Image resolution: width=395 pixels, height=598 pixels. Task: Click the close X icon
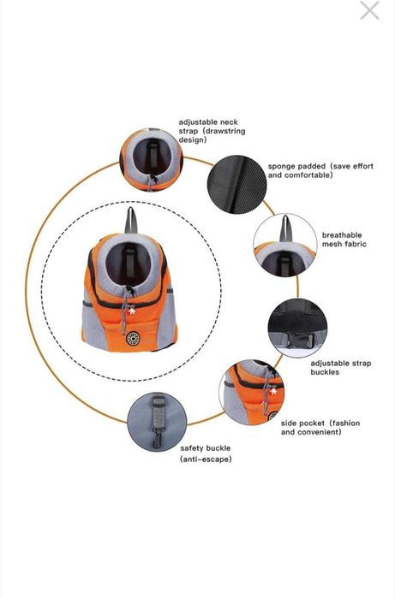click(x=369, y=10)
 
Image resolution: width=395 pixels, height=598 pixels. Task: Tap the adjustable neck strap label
click(x=212, y=131)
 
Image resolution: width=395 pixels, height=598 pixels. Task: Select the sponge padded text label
click(x=320, y=170)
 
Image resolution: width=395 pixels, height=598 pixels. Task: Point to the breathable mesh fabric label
click(x=344, y=240)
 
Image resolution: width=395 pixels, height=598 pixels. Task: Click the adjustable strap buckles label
click(x=340, y=368)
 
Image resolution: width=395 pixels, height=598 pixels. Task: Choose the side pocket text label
click(x=320, y=428)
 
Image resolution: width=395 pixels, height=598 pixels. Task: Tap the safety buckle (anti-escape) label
click(x=206, y=453)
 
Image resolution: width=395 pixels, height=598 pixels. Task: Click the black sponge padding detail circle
click(x=236, y=184)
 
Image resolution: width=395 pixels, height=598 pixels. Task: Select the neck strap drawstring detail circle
click(x=152, y=160)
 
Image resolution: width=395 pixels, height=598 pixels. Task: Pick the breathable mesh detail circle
click(x=285, y=245)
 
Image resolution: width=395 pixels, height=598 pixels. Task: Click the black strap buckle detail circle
click(x=297, y=328)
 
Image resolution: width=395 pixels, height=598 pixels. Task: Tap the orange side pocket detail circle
click(x=252, y=392)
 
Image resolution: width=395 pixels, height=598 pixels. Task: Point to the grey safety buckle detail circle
click(x=157, y=422)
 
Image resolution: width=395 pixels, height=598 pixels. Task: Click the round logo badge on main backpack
click(x=133, y=339)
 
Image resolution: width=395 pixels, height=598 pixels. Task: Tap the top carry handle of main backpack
click(x=130, y=220)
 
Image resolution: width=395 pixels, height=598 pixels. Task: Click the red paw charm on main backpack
click(x=132, y=311)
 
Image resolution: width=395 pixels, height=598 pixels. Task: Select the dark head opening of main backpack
click(x=128, y=263)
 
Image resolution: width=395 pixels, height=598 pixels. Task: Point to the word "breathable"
click(x=342, y=235)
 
